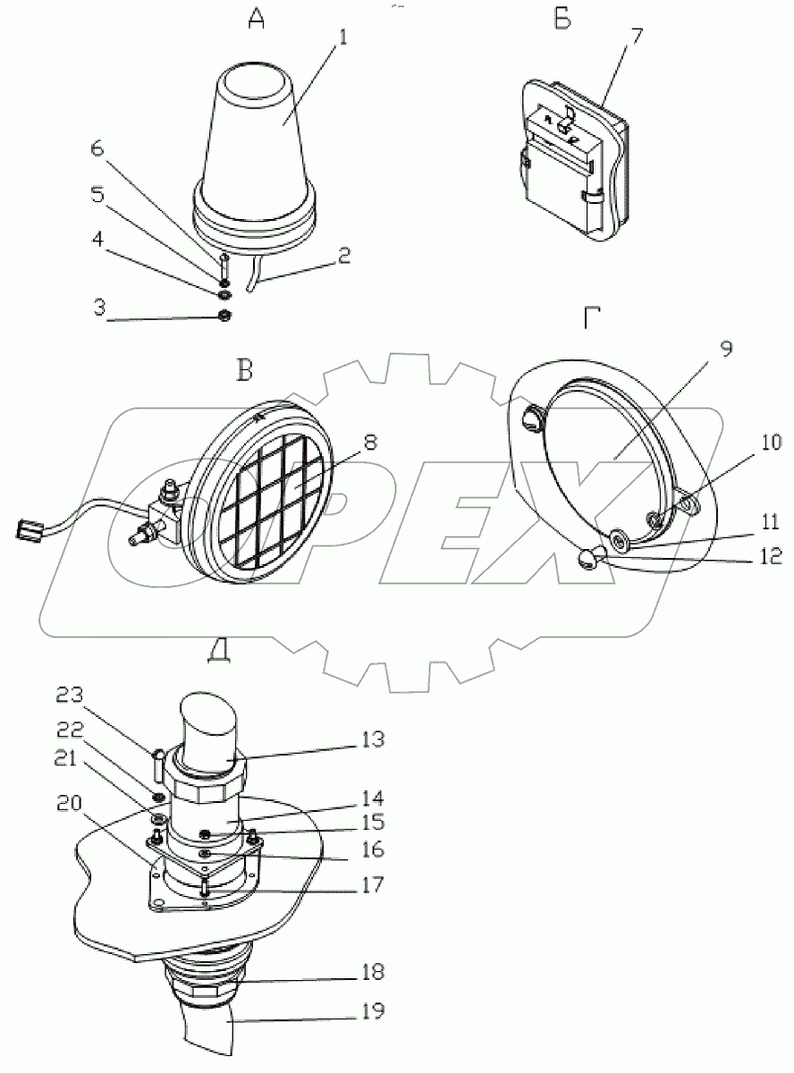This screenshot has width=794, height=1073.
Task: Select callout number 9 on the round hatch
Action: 726,348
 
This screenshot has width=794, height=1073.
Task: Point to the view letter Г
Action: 591,319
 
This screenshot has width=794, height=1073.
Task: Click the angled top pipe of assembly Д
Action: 212,726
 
